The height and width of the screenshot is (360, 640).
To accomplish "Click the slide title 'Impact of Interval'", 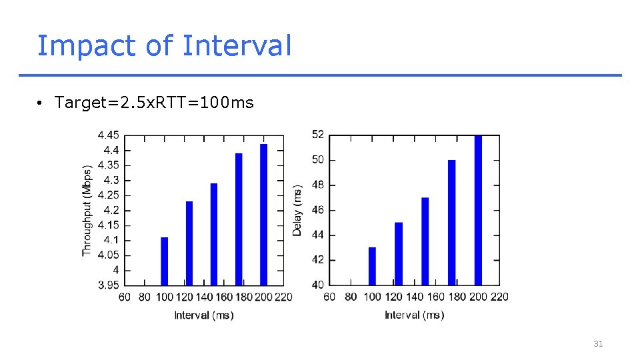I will (x=164, y=46).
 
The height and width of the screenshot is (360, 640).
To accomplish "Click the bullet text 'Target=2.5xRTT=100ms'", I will (x=154, y=103).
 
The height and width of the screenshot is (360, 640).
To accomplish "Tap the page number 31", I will (x=598, y=344).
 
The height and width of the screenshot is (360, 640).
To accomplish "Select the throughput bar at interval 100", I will (x=165, y=261).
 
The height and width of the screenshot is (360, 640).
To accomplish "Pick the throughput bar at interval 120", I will (x=189, y=243).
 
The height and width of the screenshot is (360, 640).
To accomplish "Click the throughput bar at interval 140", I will (x=214, y=234).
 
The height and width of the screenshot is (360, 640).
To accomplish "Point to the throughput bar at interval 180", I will (x=239, y=219).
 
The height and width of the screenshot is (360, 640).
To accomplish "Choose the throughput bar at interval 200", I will (x=263, y=215).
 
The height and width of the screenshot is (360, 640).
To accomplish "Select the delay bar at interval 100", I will (x=372, y=266).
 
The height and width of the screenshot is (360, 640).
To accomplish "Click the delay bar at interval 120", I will (x=399, y=254).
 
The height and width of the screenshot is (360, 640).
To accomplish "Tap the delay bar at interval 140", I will (x=425, y=241).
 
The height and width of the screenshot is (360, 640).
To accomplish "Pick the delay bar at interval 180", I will (x=451, y=223).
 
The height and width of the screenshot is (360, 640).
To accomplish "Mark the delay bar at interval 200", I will (x=478, y=210).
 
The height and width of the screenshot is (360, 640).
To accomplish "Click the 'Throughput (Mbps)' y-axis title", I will (x=87, y=210).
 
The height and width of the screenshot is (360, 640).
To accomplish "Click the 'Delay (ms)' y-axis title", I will (x=297, y=210).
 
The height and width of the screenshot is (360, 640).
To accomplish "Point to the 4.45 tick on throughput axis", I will (x=108, y=135).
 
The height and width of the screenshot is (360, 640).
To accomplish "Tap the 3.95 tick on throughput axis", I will (x=108, y=285).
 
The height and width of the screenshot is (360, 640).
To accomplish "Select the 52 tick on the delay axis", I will (x=317, y=135).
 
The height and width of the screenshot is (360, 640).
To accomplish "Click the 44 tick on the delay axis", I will (x=317, y=235).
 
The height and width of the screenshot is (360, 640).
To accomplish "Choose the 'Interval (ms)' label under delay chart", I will (x=414, y=315).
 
